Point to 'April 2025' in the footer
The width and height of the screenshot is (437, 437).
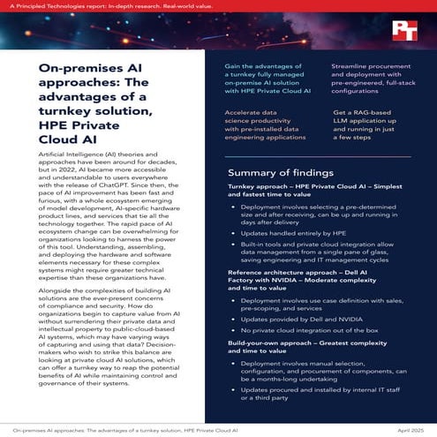(x=406, y=428)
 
